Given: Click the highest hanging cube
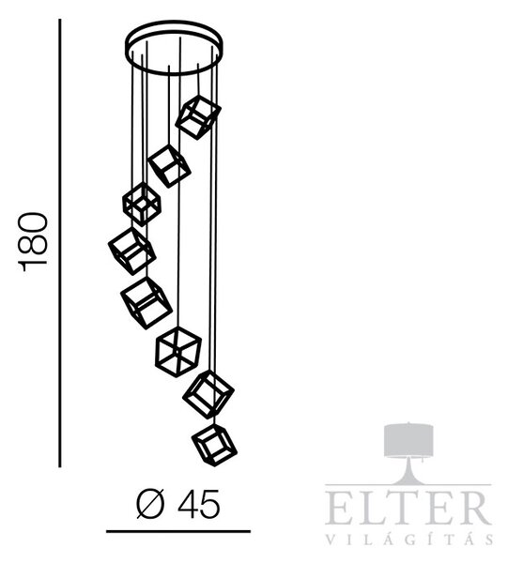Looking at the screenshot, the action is pyautogui.click(x=198, y=118).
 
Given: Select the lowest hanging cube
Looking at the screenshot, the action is pyautogui.click(x=214, y=445).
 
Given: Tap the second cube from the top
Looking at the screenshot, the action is pyautogui.click(x=169, y=166).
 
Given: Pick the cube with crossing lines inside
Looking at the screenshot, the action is pyautogui.click(x=178, y=352).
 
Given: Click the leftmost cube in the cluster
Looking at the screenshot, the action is pyautogui.click(x=131, y=251).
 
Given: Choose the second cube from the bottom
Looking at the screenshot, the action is pyautogui.click(x=208, y=395).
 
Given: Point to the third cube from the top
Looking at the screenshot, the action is pyautogui.click(x=142, y=205).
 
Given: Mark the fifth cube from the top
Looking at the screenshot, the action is pyautogui.click(x=146, y=303).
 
